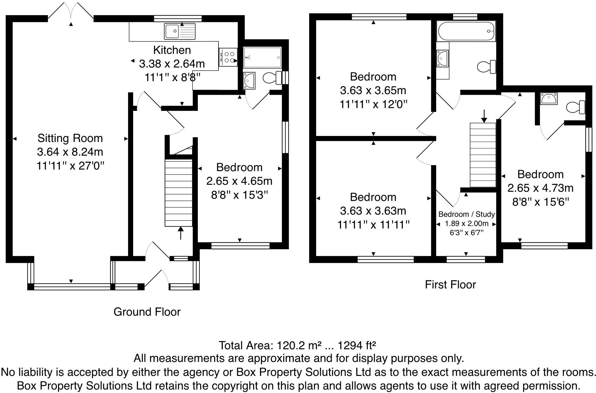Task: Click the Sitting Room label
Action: pyautogui.click(x=70, y=138)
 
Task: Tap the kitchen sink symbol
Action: pyautogui.click(x=180, y=31)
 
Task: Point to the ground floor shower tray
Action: pyautogui.click(x=262, y=57)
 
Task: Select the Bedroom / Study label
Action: pyautogui.click(x=466, y=215)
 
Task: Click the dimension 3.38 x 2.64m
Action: pyautogui.click(x=172, y=64)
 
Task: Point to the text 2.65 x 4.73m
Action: pyautogui.click(x=540, y=188)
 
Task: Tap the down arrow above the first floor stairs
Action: pyautogui.click(x=484, y=116)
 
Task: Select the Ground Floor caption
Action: pyautogui.click(x=147, y=312)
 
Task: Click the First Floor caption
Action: pyautogui.click(x=450, y=285)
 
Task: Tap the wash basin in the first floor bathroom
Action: pyautogui.click(x=443, y=59)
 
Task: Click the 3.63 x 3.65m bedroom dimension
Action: pyautogui.click(x=373, y=91)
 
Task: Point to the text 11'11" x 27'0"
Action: pyautogui.click(x=70, y=166)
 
